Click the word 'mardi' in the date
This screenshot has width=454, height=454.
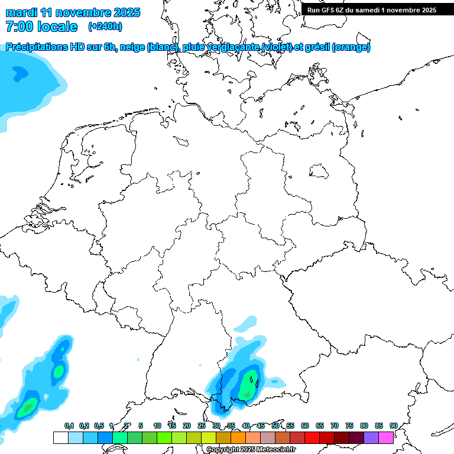pyautogui.click(x=21, y=12)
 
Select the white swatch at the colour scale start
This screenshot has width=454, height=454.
pyautogui.click(x=60, y=437)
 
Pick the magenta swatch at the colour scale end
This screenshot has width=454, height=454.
pyautogui.click(x=386, y=437)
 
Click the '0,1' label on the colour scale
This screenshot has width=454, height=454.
pyautogui.click(x=69, y=426)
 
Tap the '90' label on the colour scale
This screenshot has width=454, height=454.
pyautogui.click(x=393, y=426)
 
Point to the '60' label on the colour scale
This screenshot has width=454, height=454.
pyautogui.click(x=305, y=426)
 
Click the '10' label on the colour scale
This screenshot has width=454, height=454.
pyautogui.click(x=157, y=426)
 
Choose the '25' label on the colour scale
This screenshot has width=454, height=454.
pyautogui.click(x=202, y=426)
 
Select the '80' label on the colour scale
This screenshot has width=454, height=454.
pyautogui.click(x=364, y=426)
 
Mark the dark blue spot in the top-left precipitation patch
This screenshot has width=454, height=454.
pyautogui.click(x=20, y=73)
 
